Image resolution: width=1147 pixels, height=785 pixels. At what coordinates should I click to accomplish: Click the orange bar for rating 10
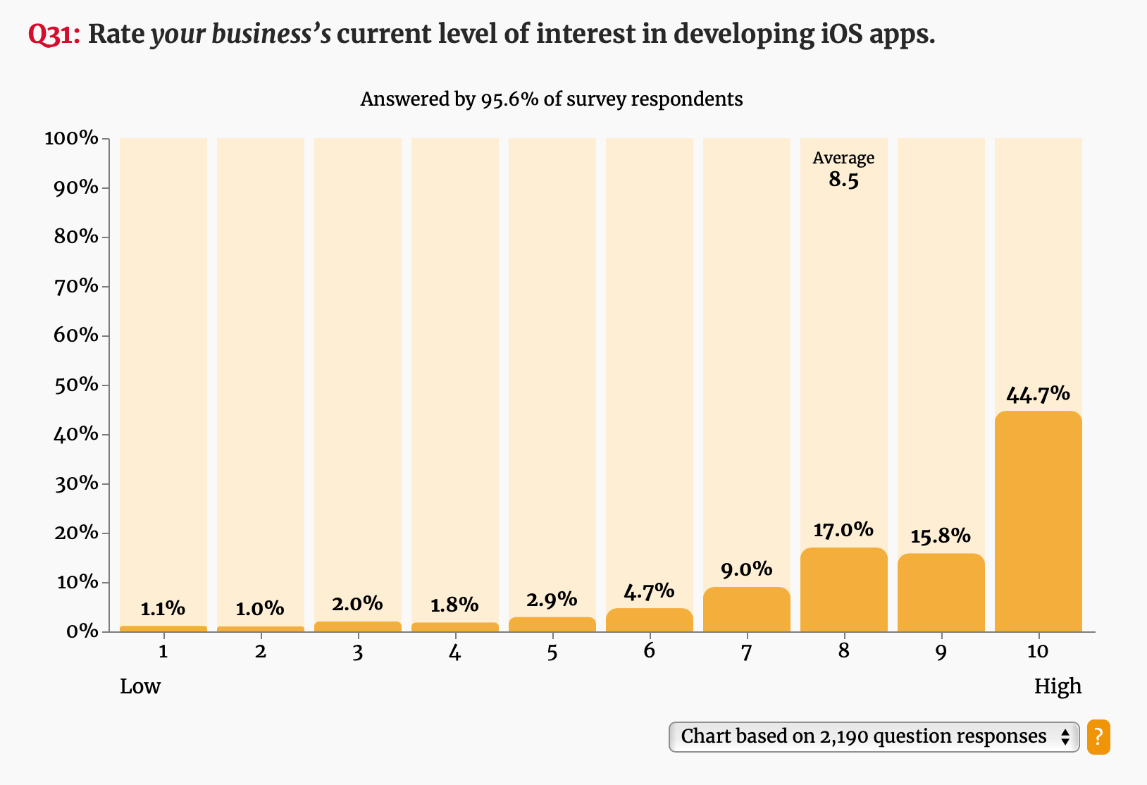click(x=1038, y=521)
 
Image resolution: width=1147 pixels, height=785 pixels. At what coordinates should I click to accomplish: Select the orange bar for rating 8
click(x=843, y=590)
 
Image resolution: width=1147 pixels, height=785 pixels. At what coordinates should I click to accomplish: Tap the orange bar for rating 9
click(x=941, y=593)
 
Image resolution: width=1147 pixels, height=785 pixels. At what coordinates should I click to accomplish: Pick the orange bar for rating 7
click(x=746, y=610)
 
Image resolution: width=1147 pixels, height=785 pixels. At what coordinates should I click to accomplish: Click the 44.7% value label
click(x=1038, y=395)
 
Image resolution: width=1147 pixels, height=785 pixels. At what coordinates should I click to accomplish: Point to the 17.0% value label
click(x=843, y=530)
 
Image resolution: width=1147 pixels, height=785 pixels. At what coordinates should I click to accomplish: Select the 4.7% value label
click(x=649, y=591)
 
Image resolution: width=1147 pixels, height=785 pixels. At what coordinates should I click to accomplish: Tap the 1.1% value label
click(x=163, y=609)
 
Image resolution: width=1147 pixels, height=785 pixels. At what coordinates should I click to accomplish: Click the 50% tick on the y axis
click(x=76, y=385)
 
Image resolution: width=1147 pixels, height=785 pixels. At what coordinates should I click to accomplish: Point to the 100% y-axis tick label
click(x=72, y=138)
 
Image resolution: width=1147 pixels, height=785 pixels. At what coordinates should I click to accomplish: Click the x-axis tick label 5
click(x=552, y=652)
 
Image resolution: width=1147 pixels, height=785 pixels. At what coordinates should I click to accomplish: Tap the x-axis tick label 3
click(x=357, y=652)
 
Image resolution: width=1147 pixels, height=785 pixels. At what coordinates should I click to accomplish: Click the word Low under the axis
click(x=140, y=686)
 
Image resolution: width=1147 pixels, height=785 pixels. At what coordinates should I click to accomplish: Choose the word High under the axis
click(x=1057, y=686)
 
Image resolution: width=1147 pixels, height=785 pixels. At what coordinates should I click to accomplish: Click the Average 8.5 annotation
click(x=843, y=169)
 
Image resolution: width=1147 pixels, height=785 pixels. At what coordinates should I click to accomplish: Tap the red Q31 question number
click(x=54, y=35)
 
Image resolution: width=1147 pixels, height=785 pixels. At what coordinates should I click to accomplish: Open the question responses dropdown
click(x=873, y=737)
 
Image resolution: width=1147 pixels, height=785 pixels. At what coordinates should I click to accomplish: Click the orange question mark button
click(x=1098, y=737)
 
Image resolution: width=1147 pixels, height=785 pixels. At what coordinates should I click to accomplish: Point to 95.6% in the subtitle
click(x=509, y=99)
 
